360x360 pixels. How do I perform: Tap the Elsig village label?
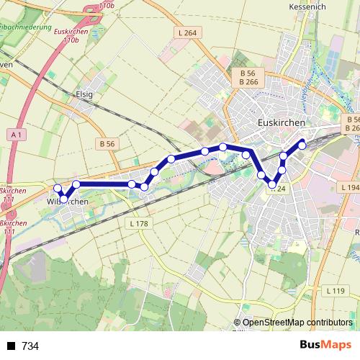pos(85,94)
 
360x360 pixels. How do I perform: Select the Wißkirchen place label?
pos(69,201)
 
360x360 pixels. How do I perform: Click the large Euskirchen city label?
pos(281,122)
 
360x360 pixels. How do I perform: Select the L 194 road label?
pos(348,187)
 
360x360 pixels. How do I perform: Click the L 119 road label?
pos(334,291)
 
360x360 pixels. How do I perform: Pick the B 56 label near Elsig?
pos(107,144)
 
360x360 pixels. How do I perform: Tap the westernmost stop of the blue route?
pos(58,189)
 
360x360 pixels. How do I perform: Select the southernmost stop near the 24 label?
pos(272,186)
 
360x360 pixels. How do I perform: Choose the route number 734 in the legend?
pos(30,346)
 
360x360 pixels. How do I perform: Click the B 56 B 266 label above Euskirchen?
pos(248,78)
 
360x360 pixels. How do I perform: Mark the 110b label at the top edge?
pos(106,5)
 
